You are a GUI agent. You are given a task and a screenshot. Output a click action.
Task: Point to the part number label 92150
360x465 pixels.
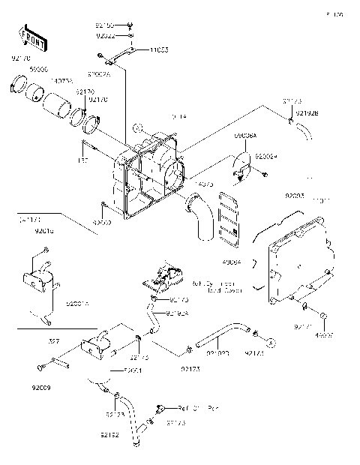[x=106, y=25]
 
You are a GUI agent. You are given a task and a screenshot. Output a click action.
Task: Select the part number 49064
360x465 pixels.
[x=232, y=260]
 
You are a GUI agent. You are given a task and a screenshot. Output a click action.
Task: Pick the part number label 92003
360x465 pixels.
[x=295, y=196]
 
